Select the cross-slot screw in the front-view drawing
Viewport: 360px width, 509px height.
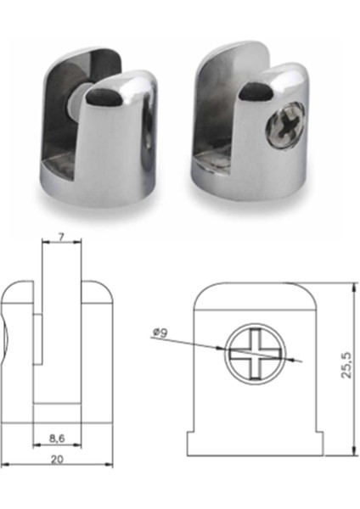251,353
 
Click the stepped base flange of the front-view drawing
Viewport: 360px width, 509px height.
254,442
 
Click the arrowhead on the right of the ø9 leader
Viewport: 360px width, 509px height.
296,361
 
